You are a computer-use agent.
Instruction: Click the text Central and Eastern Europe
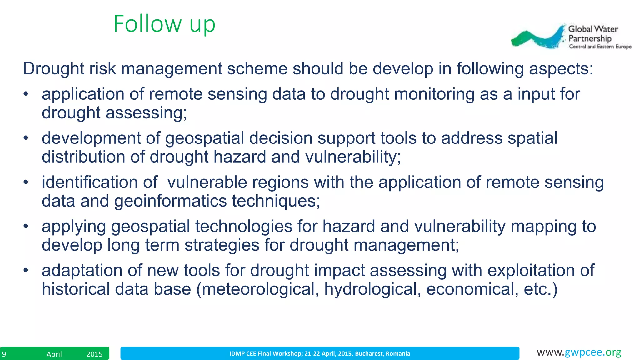click(x=600, y=47)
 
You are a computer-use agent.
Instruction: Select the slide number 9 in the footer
click(x=4, y=354)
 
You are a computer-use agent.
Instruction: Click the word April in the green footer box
click(x=54, y=354)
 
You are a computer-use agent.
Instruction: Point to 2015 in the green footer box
click(x=94, y=354)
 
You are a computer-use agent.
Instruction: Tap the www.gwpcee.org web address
click(x=579, y=352)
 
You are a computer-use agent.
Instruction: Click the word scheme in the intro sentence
click(x=257, y=68)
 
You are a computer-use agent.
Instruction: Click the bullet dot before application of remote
click(x=26, y=94)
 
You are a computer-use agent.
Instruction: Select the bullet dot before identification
click(x=26, y=182)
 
